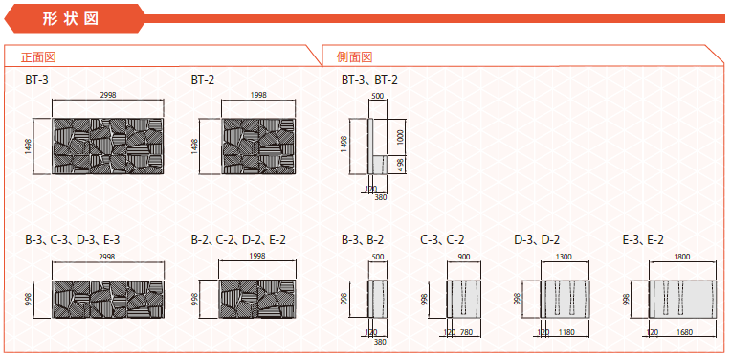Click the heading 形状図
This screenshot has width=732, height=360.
coord(71,19)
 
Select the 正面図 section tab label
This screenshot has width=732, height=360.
coord(38,56)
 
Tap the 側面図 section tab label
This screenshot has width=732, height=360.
coord(354,56)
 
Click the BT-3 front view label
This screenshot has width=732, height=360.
coord(37,79)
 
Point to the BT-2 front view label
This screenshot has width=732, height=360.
coord(203,79)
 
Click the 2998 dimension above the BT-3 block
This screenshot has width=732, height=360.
coord(108,95)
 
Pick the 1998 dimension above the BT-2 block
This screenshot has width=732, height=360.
coord(258,95)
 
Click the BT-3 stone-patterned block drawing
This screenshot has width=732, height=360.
coord(108,146)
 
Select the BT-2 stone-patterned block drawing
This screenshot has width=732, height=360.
coord(258,146)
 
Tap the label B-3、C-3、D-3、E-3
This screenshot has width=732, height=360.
coord(73,240)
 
